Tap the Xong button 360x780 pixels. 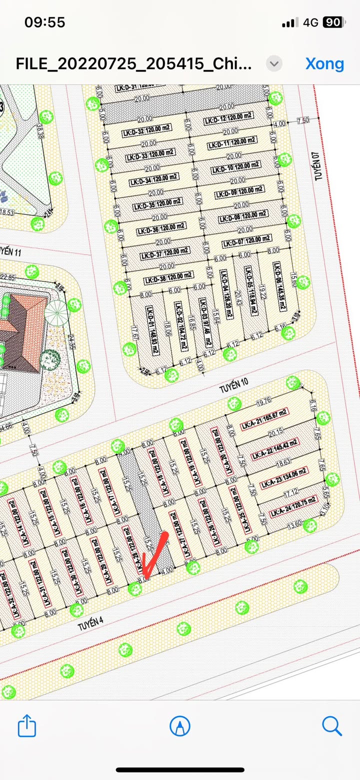(x=324, y=64)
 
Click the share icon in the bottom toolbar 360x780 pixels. (x=27, y=725)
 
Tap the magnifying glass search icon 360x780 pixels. (x=331, y=725)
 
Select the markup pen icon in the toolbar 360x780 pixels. (x=179, y=725)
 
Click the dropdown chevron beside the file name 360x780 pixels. (x=274, y=64)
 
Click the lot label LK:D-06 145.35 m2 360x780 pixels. (x=278, y=289)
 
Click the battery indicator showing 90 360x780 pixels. (x=333, y=22)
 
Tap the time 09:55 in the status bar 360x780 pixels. (x=44, y=22)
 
